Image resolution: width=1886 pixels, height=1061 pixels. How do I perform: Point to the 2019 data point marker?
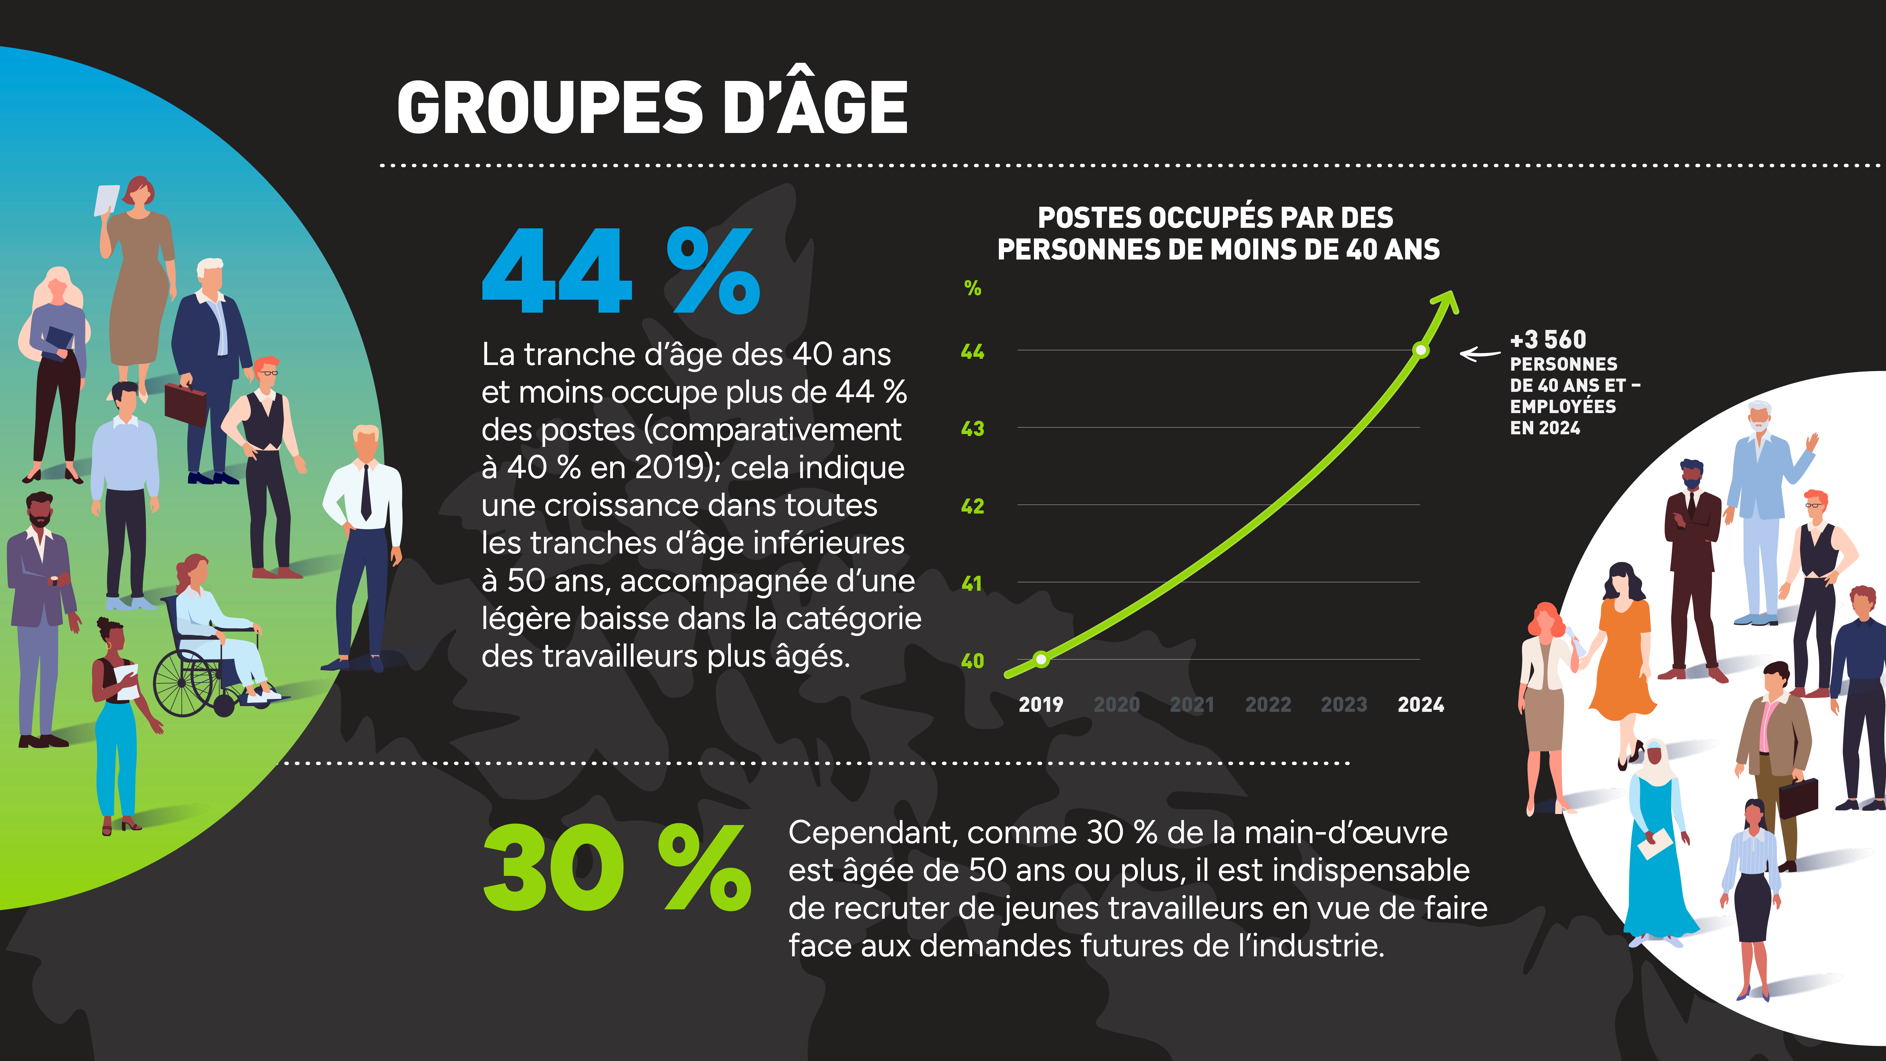1041,660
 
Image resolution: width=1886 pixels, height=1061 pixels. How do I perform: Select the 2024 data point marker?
1420,351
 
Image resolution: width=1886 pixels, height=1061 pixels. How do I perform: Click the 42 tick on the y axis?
972,506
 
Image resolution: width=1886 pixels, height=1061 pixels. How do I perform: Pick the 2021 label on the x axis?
1192,705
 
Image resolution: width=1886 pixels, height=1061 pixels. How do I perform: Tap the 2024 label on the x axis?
1420,705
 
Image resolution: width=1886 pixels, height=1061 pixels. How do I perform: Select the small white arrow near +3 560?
1479,355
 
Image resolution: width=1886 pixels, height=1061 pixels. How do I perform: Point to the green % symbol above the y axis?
972,289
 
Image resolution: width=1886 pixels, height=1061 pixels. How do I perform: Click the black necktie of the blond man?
365,492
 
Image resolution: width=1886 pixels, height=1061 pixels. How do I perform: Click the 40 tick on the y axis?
972,661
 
